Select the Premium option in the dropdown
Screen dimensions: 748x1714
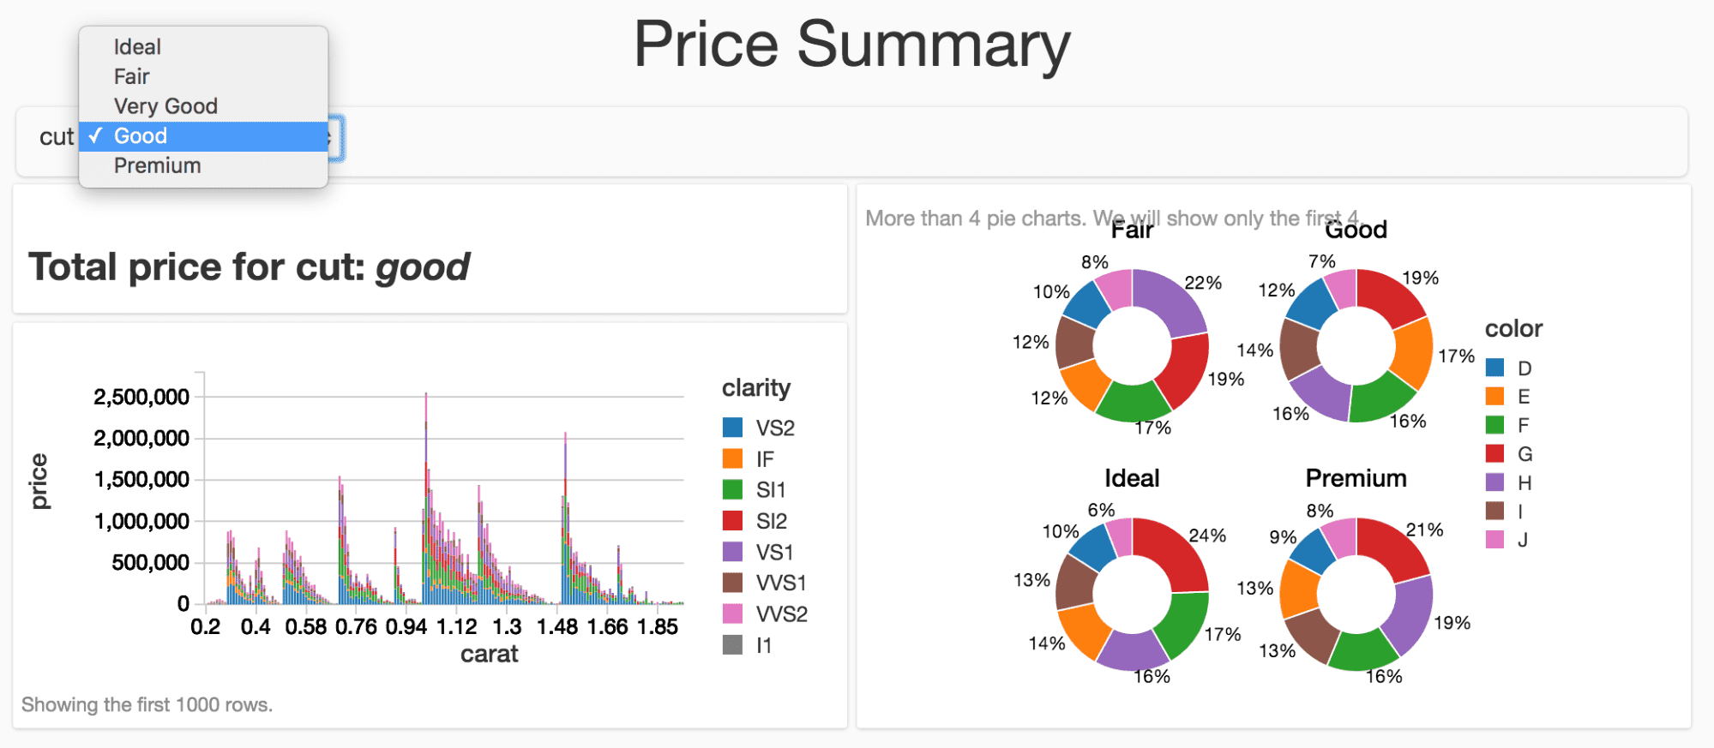point(158,165)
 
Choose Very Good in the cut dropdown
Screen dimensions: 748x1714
point(165,106)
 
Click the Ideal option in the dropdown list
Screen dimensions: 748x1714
point(137,47)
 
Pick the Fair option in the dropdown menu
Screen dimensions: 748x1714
point(132,76)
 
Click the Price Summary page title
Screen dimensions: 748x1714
point(851,45)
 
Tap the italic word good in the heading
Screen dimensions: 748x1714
point(423,267)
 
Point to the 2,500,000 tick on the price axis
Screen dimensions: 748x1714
point(141,397)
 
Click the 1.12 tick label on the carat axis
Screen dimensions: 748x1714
point(456,626)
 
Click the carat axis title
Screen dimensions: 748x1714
point(489,654)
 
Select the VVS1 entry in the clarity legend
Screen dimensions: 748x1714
point(780,583)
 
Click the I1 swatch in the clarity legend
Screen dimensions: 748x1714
point(732,645)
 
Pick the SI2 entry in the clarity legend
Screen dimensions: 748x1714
point(771,521)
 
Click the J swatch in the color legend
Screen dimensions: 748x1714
point(1494,540)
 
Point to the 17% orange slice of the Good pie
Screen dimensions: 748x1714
point(1413,352)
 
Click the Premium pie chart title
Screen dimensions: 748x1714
point(1356,478)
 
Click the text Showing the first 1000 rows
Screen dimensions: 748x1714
point(147,704)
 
